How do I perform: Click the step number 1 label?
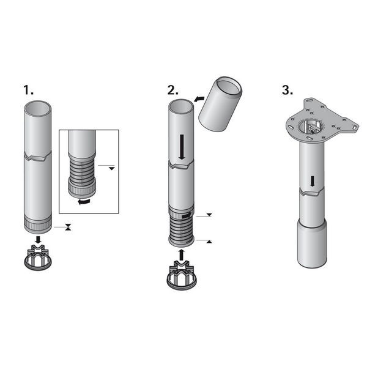pyautogui.click(x=28, y=90)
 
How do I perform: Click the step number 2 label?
pyautogui.click(x=173, y=90)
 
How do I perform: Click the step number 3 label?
pyautogui.click(x=287, y=90)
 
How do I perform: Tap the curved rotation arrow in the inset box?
pyautogui.click(x=84, y=201)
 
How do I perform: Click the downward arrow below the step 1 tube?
pyautogui.click(x=38, y=240)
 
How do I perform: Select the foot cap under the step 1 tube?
pyautogui.click(x=38, y=258)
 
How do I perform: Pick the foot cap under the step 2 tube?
pyautogui.click(x=182, y=276)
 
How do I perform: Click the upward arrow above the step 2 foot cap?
pyautogui.click(x=181, y=255)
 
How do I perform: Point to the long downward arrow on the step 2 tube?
pyautogui.click(x=182, y=147)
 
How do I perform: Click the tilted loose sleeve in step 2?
pyautogui.click(x=220, y=104)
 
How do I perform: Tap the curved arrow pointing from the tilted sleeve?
pyautogui.click(x=199, y=99)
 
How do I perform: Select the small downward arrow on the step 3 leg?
pyautogui.click(x=312, y=182)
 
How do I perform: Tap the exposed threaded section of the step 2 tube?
pyautogui.click(x=182, y=230)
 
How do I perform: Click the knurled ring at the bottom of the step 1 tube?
pyautogui.click(x=38, y=224)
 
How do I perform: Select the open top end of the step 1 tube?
pyautogui.click(x=38, y=109)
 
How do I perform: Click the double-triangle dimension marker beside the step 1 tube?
pyautogui.click(x=68, y=227)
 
